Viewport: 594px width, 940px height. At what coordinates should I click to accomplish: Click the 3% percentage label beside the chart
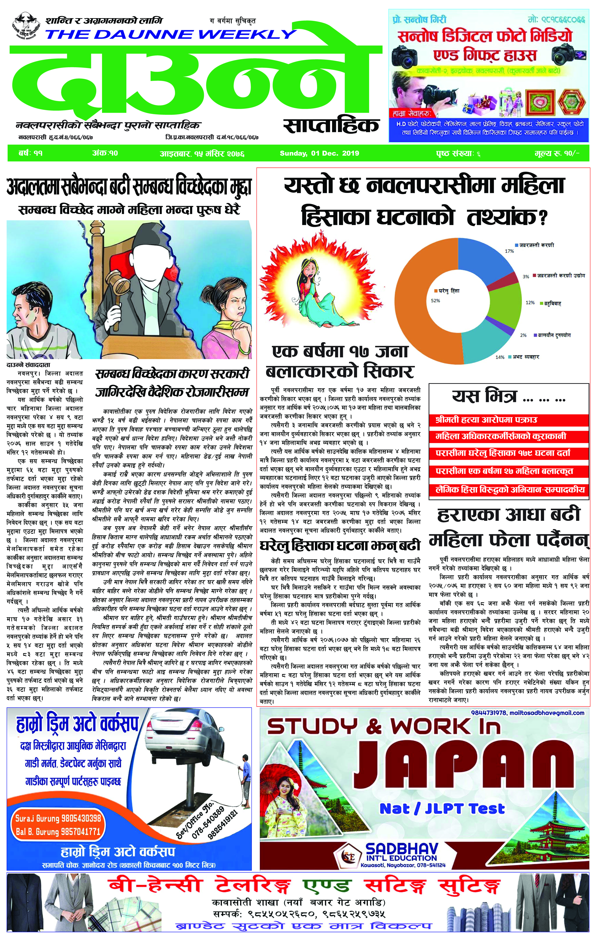(526, 276)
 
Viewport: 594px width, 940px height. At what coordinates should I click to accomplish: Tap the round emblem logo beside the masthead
(26, 25)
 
